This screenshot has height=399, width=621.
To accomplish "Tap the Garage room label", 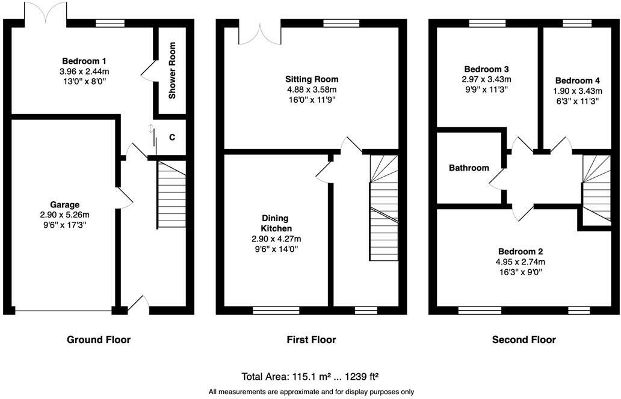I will (64, 205).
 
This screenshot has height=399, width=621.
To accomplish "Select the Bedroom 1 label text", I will (84, 61).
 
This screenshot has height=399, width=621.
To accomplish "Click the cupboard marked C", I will (172, 138).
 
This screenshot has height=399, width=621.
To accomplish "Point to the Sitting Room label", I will (311, 79).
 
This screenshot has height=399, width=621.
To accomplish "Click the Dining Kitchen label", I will (276, 224).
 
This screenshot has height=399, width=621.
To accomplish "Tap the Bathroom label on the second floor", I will (469, 168).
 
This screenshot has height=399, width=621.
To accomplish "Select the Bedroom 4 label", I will (577, 81).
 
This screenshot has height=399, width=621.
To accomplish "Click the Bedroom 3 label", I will (486, 69).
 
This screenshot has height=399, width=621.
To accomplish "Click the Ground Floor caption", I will (98, 340).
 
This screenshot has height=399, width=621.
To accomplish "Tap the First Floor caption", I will (311, 340).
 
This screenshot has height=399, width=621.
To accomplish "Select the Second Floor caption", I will (524, 340).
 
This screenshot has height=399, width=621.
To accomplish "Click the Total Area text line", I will (310, 377).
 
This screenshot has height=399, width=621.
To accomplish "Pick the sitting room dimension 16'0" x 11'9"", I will (311, 100).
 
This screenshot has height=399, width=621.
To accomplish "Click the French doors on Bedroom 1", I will (46, 13).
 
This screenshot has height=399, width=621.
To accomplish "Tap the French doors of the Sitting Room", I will (260, 33).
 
